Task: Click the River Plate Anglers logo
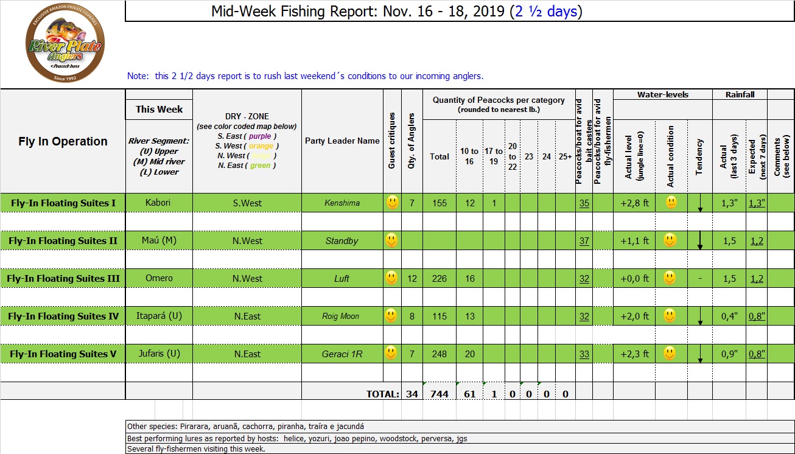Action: click(x=65, y=45)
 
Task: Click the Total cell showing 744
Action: click(x=439, y=394)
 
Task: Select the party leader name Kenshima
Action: click(x=341, y=203)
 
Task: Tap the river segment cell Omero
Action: click(x=159, y=278)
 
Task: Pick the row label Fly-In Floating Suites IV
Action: click(x=63, y=316)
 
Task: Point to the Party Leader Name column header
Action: click(x=342, y=141)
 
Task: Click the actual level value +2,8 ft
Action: click(x=634, y=203)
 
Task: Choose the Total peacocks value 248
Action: click(x=439, y=354)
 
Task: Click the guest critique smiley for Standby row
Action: click(x=392, y=240)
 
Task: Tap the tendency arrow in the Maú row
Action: click(x=700, y=240)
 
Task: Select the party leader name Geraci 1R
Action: click(x=341, y=354)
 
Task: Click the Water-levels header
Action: click(x=663, y=95)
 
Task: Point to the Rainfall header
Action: click(x=740, y=95)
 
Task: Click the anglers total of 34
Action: click(x=412, y=394)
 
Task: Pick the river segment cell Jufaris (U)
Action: click(x=159, y=354)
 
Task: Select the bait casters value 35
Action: click(x=584, y=203)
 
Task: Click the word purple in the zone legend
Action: click(x=260, y=136)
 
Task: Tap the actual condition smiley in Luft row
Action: click(x=670, y=278)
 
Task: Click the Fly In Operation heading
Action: click(x=63, y=141)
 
